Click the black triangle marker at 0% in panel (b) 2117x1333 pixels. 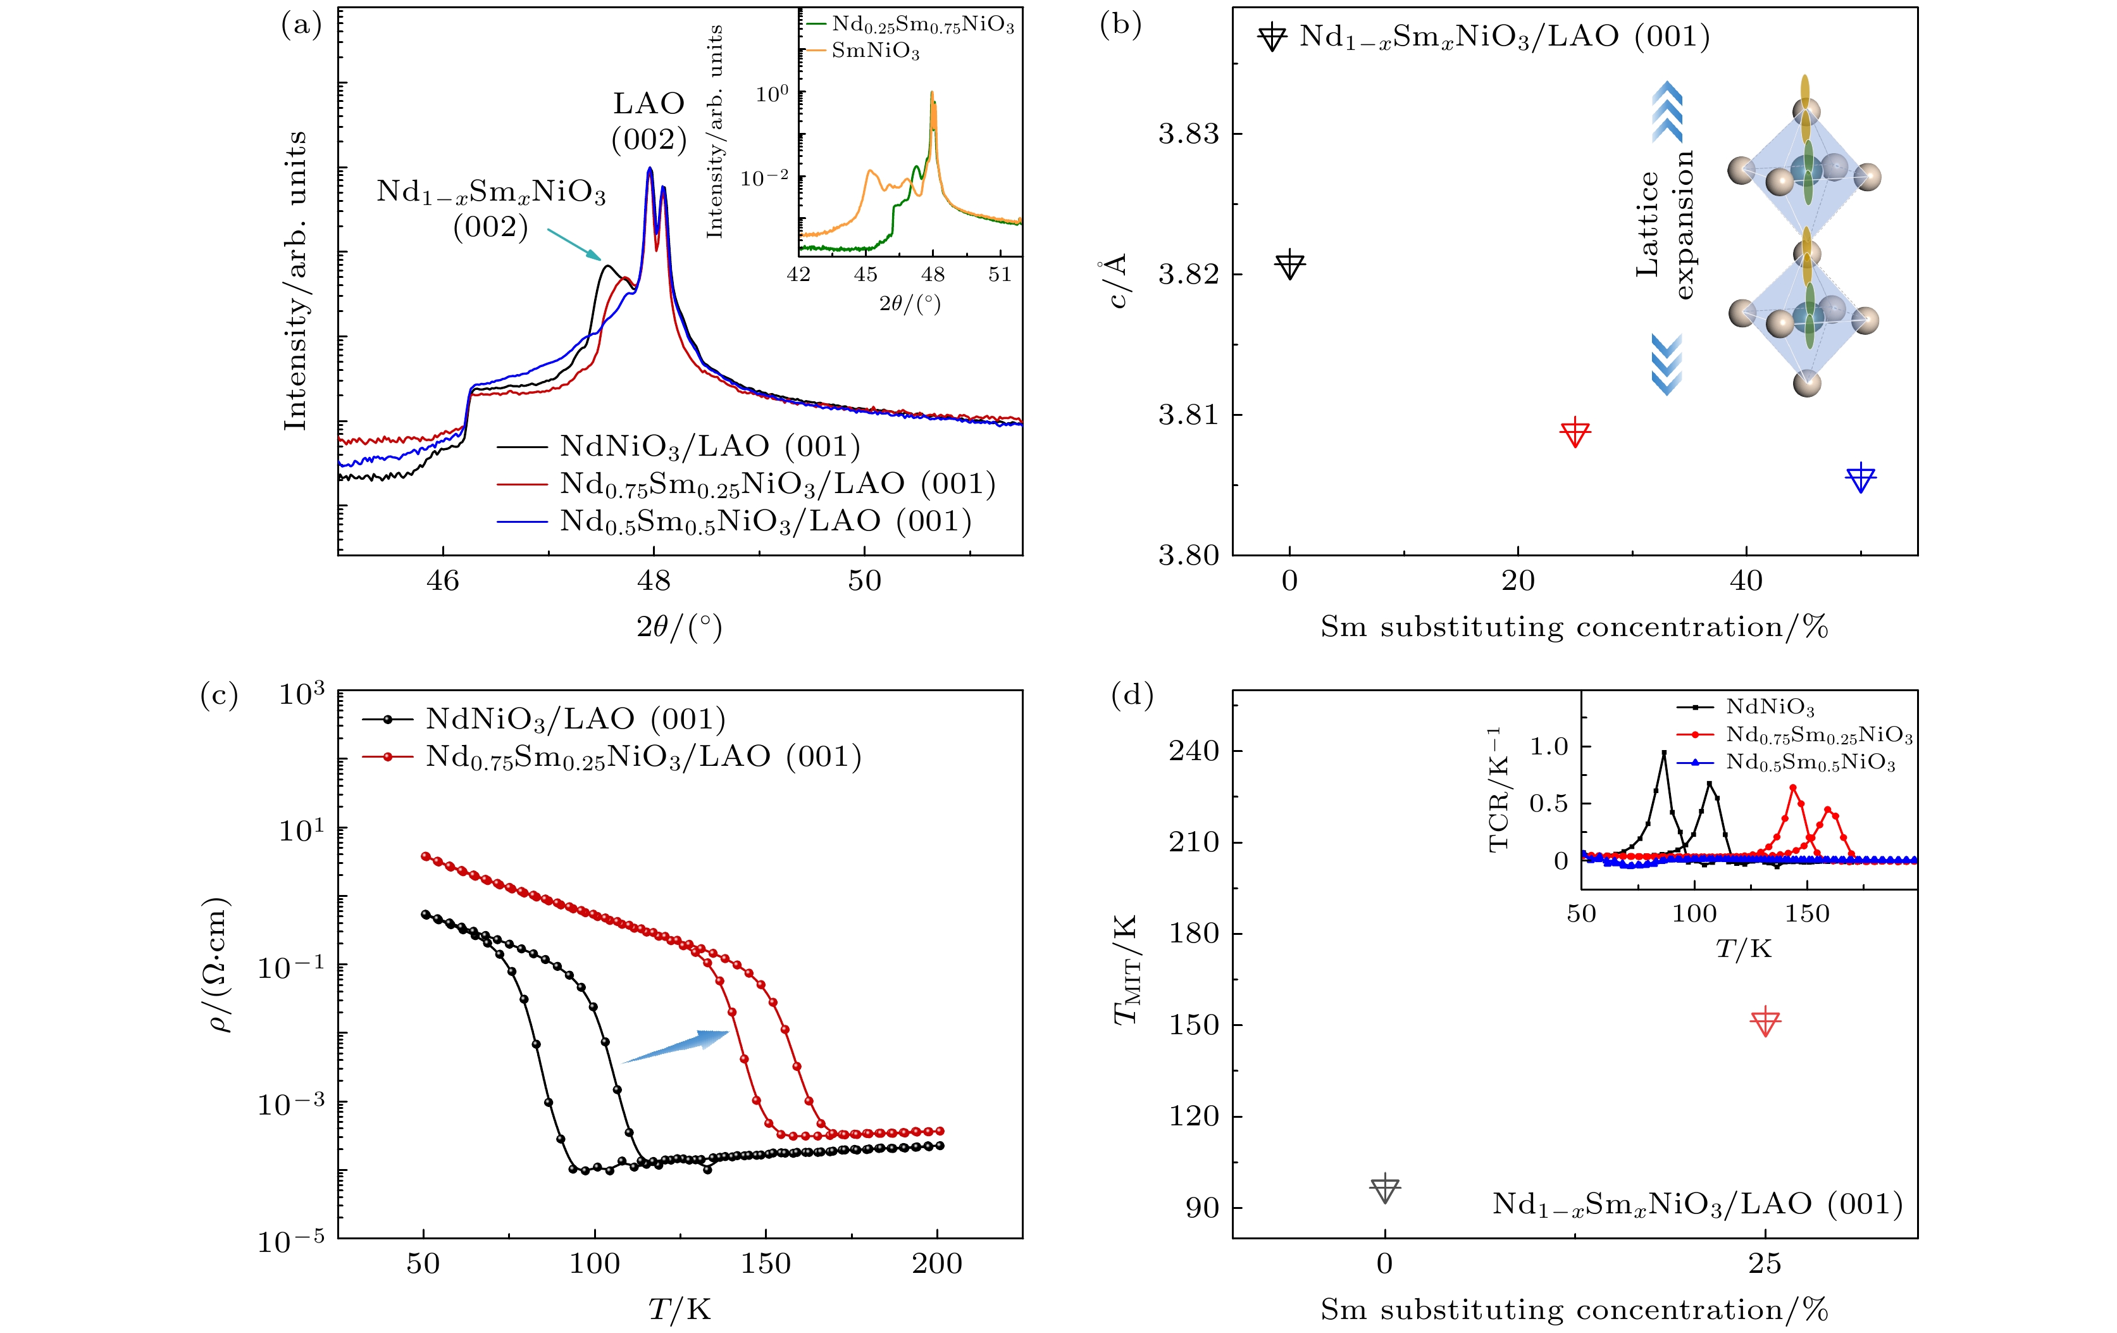point(1289,264)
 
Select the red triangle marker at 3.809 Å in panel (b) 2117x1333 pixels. point(1575,432)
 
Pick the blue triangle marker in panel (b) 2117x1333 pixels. point(1860,479)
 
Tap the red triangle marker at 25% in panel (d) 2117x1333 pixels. point(1765,1022)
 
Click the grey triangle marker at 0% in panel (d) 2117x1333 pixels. point(1385,1188)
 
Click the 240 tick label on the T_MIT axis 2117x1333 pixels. point(1194,751)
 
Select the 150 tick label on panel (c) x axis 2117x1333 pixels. point(766,1263)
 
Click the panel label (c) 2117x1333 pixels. point(219,696)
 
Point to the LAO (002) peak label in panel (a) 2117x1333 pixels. point(649,122)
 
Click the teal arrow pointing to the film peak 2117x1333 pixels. point(574,244)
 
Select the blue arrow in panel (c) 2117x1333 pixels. point(675,1046)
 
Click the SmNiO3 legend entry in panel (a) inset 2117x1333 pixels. point(875,51)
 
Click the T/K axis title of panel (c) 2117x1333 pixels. point(680,1309)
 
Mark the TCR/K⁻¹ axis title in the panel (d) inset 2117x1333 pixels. point(1498,789)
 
